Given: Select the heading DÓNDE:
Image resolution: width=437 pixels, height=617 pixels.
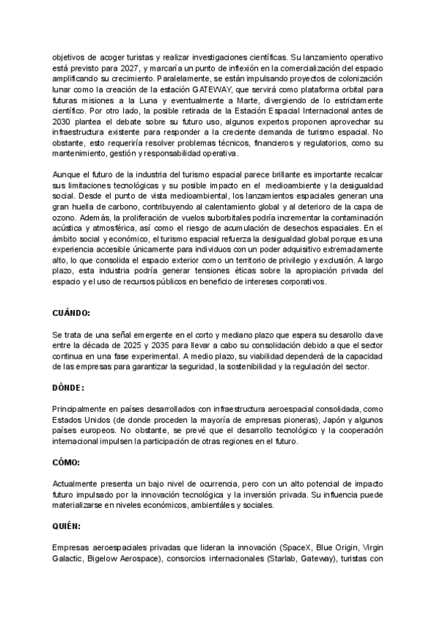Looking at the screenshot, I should pos(68,388).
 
